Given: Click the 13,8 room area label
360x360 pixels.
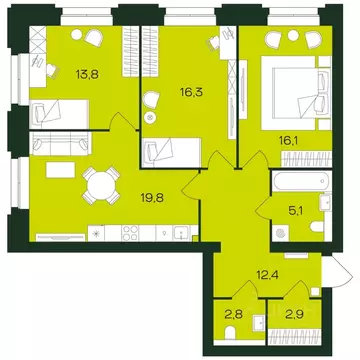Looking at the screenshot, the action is (88, 74).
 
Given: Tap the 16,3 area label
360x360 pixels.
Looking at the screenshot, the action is (191, 92).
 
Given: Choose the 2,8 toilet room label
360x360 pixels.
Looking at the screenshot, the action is (234, 314).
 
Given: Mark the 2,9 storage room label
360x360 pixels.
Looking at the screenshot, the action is (293, 314).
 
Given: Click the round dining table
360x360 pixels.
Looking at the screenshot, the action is (101, 185).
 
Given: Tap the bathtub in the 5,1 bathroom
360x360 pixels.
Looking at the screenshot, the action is (302, 181).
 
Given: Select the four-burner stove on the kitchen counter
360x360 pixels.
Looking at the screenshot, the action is (130, 232).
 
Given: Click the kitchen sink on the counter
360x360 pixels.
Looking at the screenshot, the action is (181, 232).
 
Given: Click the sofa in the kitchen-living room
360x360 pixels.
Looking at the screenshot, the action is (60, 144).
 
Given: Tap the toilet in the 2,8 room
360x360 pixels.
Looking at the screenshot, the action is (230, 334).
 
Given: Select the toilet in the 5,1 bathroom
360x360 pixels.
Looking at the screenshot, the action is (317, 227).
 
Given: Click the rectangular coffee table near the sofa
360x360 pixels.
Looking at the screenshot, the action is (60, 170).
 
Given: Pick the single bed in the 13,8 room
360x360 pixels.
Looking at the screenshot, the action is (59, 114).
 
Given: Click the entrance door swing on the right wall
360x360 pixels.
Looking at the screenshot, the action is (341, 270).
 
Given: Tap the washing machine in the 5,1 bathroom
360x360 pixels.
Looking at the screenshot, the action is (280, 233).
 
